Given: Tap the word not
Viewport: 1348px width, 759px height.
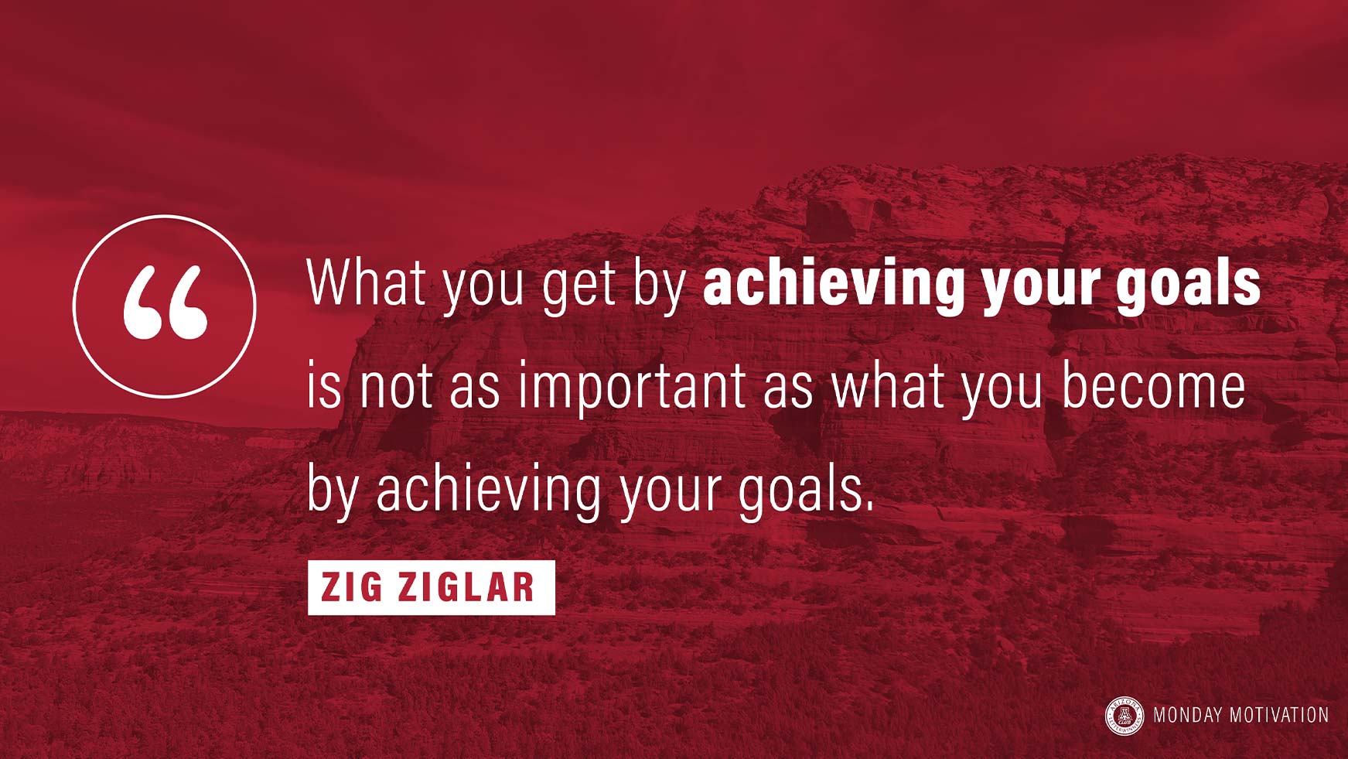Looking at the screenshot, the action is [396, 386].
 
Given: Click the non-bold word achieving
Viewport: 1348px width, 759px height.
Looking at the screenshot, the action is [489, 491].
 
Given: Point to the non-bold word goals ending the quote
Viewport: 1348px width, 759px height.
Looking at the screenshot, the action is [800, 491].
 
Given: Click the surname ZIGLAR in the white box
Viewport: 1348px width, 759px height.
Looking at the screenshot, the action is [466, 587].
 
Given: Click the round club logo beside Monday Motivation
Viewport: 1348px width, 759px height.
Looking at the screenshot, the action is [1124, 716].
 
